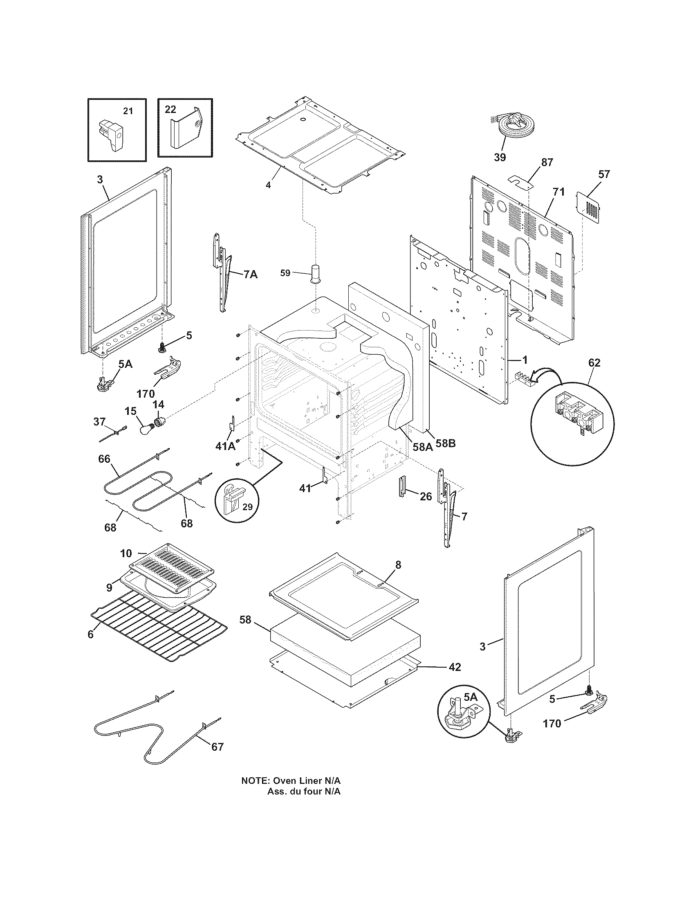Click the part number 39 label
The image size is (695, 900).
[x=500, y=157]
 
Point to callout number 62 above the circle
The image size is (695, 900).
[x=594, y=362]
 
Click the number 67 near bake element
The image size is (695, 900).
[x=217, y=747]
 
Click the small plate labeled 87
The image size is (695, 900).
[x=520, y=181]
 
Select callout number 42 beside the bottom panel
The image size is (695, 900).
[x=454, y=667]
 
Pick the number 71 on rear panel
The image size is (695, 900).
[x=559, y=192]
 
